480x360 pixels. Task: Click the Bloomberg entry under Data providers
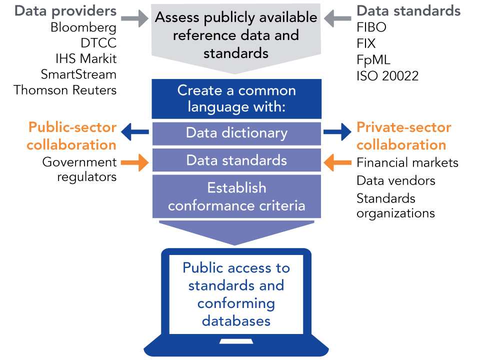(83, 27)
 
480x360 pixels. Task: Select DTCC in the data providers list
(98, 43)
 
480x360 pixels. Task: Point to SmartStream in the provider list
(78, 74)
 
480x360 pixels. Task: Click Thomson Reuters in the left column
(65, 90)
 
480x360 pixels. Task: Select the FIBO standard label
(371, 27)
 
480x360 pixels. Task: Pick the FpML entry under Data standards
(373, 59)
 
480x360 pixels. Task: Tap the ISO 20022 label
(387, 75)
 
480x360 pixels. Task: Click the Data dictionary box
(236, 133)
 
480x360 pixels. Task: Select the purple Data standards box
(236, 160)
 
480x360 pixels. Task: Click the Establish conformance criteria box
(236, 196)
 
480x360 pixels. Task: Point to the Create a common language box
(236, 98)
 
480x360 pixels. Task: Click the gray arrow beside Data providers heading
(136, 19)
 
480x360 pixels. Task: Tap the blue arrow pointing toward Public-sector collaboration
(136, 132)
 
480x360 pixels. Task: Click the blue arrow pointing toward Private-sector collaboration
(337, 132)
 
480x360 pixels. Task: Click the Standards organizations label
(395, 205)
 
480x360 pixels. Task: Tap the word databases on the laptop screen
(236, 320)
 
